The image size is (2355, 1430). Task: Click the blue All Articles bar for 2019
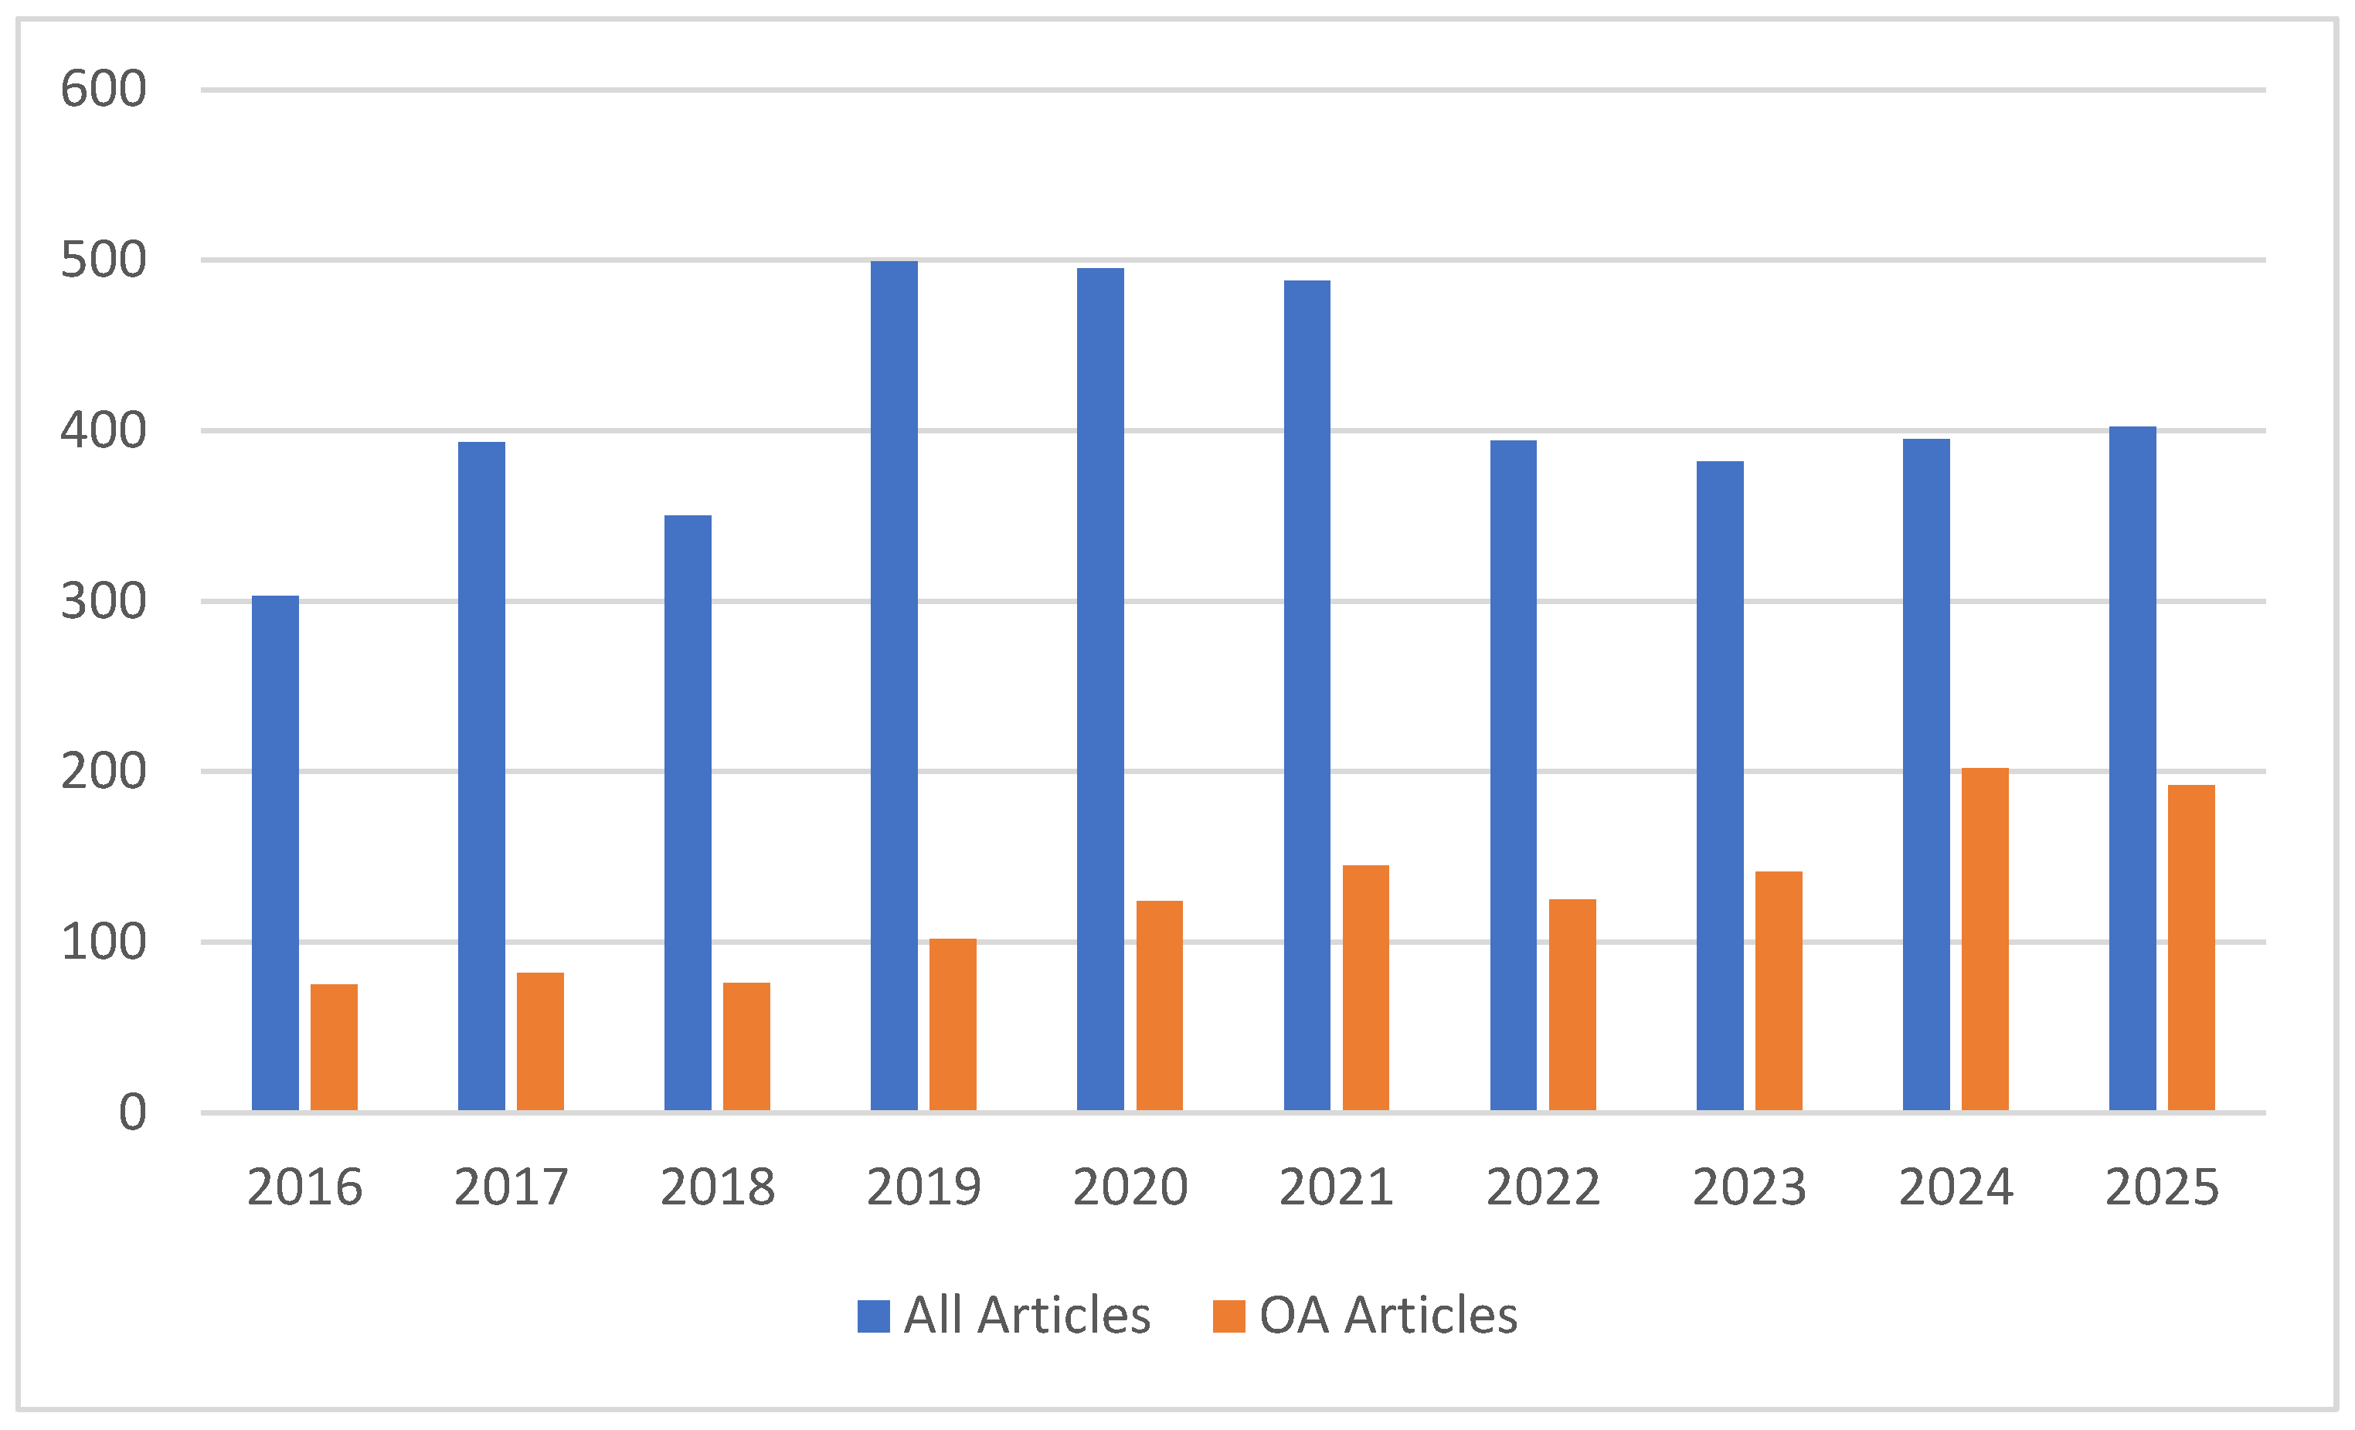[894, 685]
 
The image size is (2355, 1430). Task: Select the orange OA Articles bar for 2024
[1984, 939]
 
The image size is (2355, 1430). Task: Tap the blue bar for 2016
[275, 853]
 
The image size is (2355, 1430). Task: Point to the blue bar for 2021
[1307, 695]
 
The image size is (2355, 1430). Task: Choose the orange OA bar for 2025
[2190, 947]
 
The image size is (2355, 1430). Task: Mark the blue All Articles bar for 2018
[687, 813]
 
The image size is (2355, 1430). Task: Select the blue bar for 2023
[1719, 786]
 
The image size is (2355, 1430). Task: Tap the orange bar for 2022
[1572, 1004]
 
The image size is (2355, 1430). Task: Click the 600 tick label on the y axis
[104, 90]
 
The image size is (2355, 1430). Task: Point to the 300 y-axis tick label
[104, 602]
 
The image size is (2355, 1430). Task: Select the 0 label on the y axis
[132, 1113]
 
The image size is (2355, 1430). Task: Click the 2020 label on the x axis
[1130, 1188]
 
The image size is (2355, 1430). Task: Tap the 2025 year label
[2162, 1188]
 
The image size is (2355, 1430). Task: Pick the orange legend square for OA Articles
[1229, 1316]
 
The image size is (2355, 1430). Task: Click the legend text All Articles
[1028, 1316]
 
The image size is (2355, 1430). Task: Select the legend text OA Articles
[1388, 1316]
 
